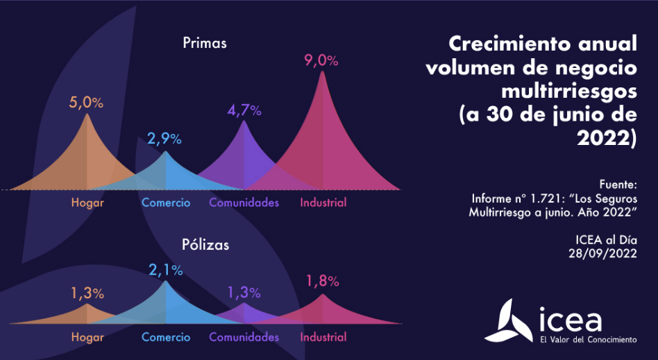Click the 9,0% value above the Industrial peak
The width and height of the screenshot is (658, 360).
(x=321, y=60)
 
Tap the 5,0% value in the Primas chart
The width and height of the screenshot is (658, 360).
(x=86, y=103)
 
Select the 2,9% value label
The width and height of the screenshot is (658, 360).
(x=164, y=139)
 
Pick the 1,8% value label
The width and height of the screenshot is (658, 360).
(x=322, y=281)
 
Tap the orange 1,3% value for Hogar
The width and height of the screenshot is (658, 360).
(x=87, y=293)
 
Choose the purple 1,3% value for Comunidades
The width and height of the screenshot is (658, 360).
(x=244, y=292)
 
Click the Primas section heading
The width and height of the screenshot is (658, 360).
(x=205, y=43)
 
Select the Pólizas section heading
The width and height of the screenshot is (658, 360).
(x=205, y=245)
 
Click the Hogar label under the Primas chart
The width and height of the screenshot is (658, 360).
(x=87, y=203)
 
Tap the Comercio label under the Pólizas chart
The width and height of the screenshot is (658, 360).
(x=166, y=337)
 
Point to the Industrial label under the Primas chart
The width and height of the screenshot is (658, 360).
(x=323, y=203)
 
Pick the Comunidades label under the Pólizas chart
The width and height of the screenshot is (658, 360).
(x=244, y=337)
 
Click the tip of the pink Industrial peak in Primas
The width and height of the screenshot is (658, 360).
(x=321, y=71)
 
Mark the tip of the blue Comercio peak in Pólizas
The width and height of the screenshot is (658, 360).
(x=165, y=281)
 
